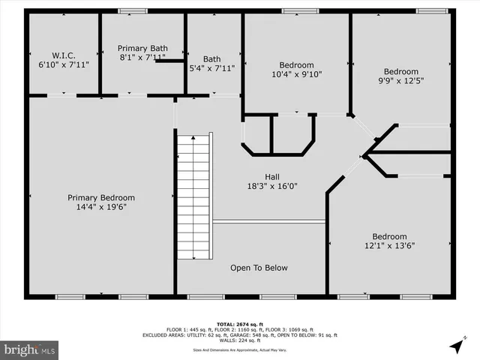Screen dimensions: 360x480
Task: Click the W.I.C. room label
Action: [x=63, y=55]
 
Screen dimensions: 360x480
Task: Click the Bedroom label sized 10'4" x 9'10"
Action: [x=296, y=65]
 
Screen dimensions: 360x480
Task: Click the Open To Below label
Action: [x=259, y=268]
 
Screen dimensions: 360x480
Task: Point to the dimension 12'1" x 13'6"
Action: [x=390, y=245]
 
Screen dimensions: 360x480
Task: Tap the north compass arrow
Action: [x=456, y=346]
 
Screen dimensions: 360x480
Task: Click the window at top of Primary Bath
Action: [x=133, y=10]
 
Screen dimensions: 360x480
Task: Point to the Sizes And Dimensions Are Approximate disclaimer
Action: [x=240, y=349]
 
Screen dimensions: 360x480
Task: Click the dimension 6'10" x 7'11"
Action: [x=63, y=65]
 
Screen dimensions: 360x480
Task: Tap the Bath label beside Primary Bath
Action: [x=212, y=58]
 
